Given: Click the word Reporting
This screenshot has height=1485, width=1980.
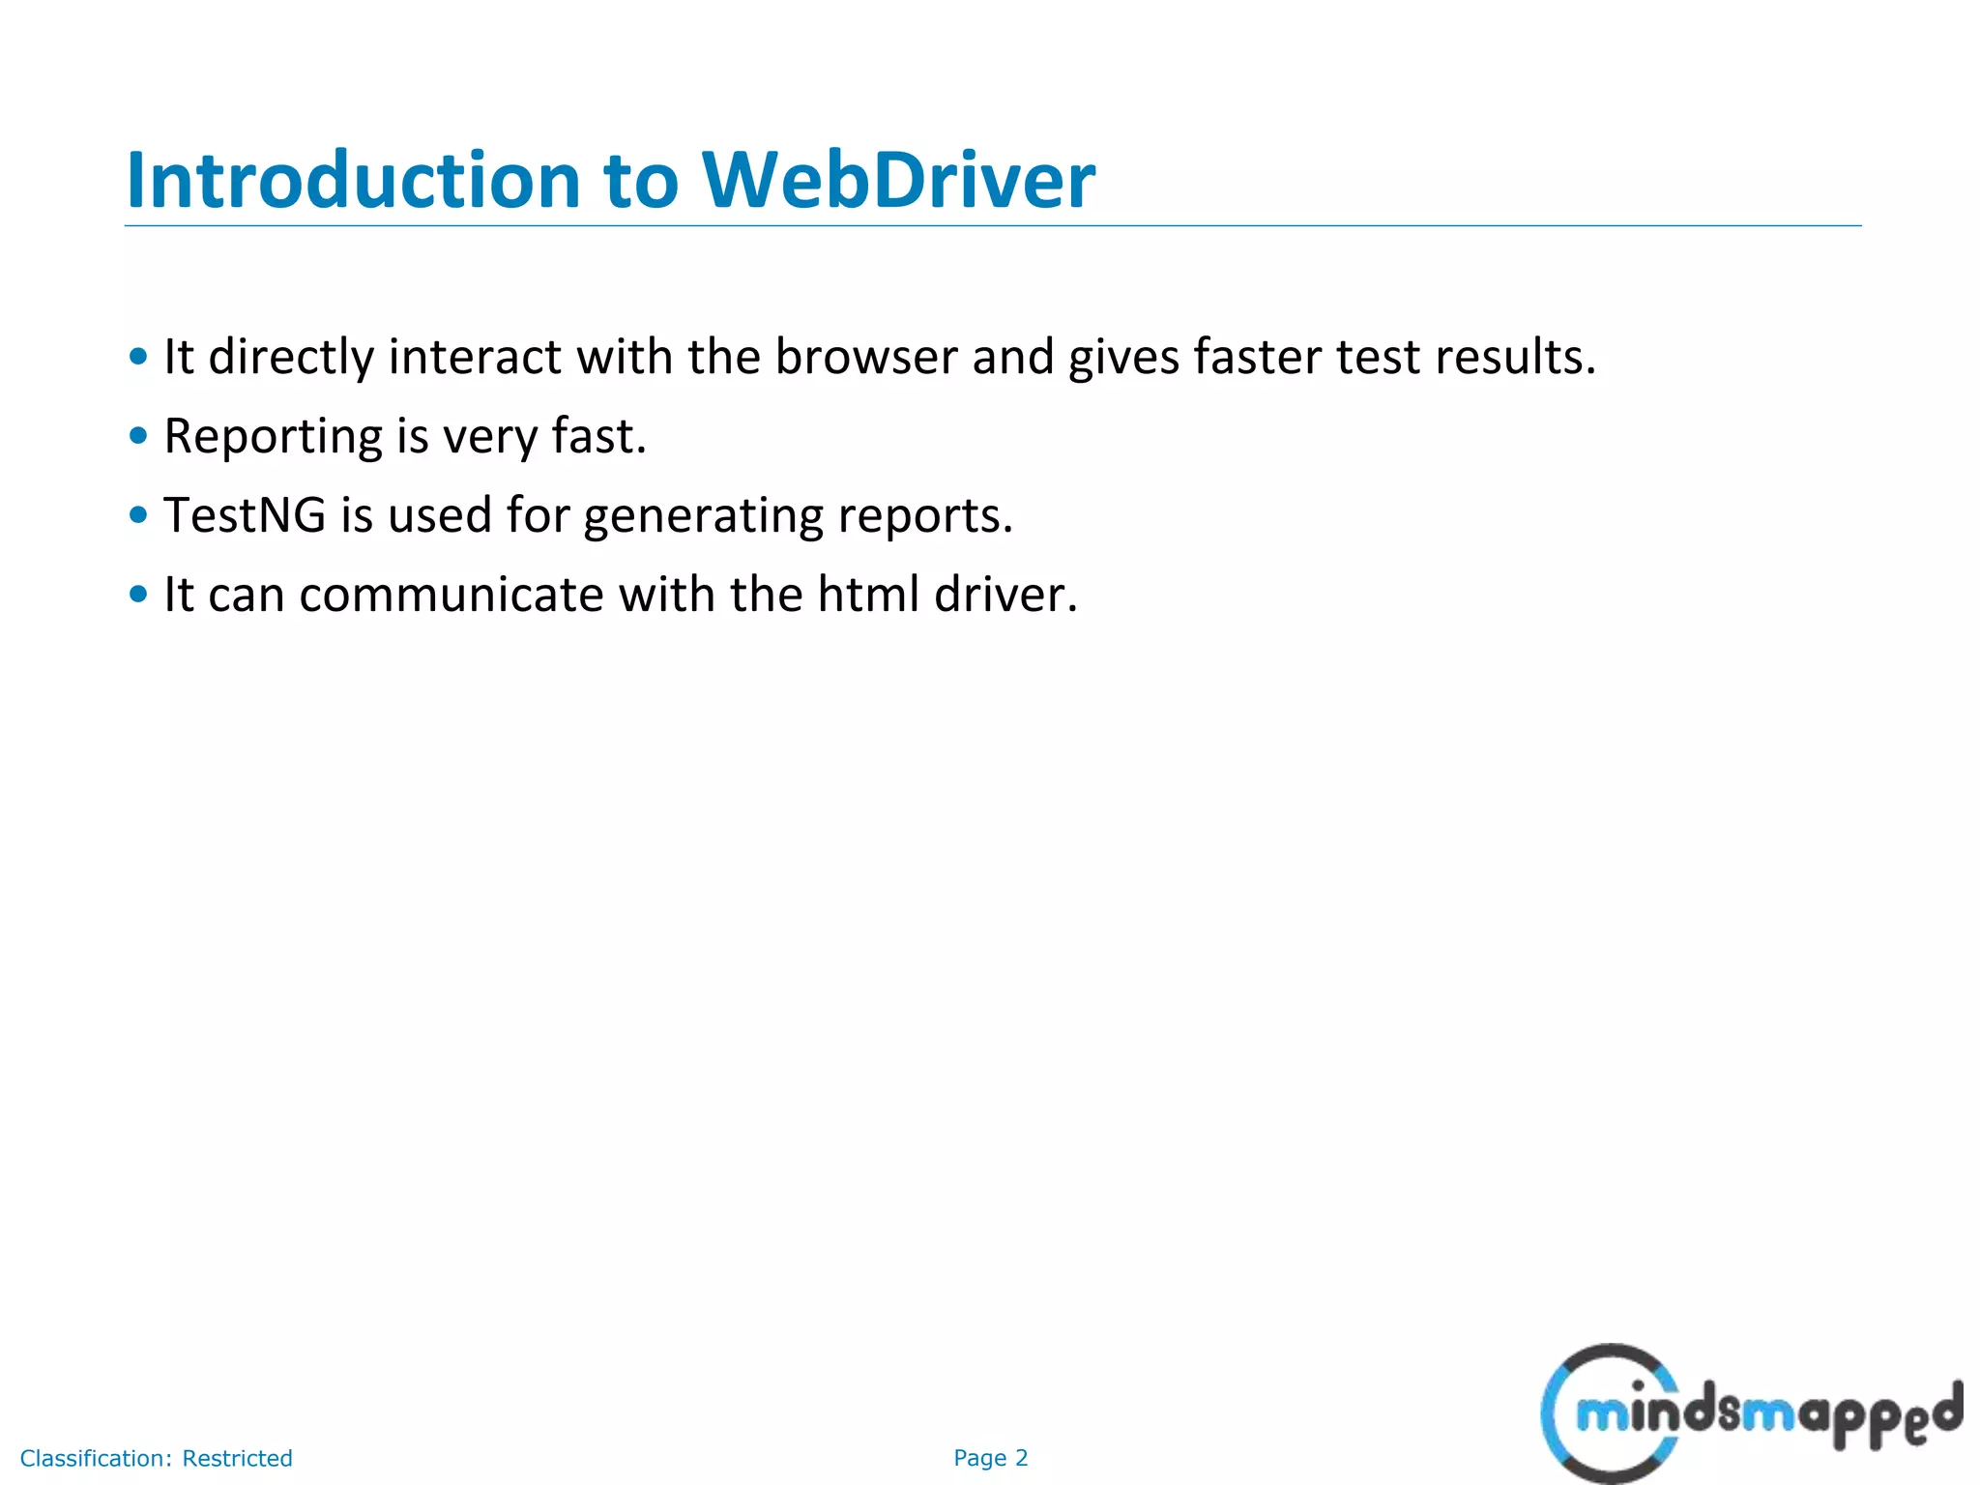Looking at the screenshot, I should tap(273, 437).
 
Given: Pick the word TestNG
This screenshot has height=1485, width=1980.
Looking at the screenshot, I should tap(245, 515).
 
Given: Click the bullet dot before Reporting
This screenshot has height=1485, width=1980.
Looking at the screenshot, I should tap(138, 437).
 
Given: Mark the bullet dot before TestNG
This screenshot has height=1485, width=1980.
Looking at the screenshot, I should tap(138, 515).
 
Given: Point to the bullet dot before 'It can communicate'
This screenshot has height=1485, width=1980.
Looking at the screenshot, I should tap(138, 595).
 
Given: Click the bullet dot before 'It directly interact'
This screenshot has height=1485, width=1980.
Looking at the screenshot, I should tap(138, 357).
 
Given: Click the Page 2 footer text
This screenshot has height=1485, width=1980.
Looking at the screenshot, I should tap(990, 1458).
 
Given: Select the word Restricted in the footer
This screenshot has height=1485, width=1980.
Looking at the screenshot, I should tap(237, 1458).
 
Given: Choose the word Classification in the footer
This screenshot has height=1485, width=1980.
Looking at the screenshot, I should tap(96, 1458).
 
